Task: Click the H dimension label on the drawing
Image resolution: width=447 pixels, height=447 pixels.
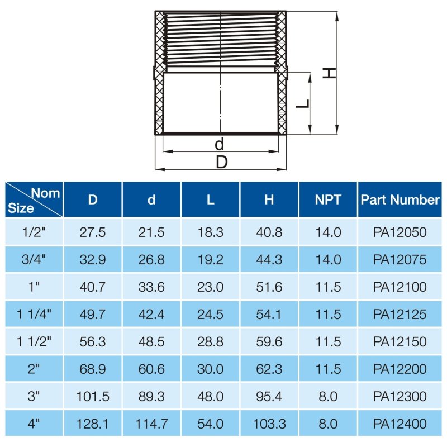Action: [x=329, y=73]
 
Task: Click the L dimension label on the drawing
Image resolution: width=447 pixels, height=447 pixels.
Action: [x=302, y=104]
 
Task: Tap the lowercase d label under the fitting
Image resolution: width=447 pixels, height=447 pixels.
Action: [x=219, y=144]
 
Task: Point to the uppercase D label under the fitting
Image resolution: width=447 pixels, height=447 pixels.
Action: [x=222, y=162]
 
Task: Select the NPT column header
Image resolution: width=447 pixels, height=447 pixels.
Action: [x=328, y=199]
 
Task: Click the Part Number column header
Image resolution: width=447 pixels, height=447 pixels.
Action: [x=400, y=199]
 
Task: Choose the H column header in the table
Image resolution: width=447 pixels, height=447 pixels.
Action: [x=269, y=199]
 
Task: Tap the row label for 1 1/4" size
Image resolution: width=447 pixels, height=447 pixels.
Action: [x=34, y=314]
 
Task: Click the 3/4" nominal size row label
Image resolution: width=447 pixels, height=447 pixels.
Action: [x=34, y=259]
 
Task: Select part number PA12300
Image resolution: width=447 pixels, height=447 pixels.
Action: [x=400, y=396]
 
